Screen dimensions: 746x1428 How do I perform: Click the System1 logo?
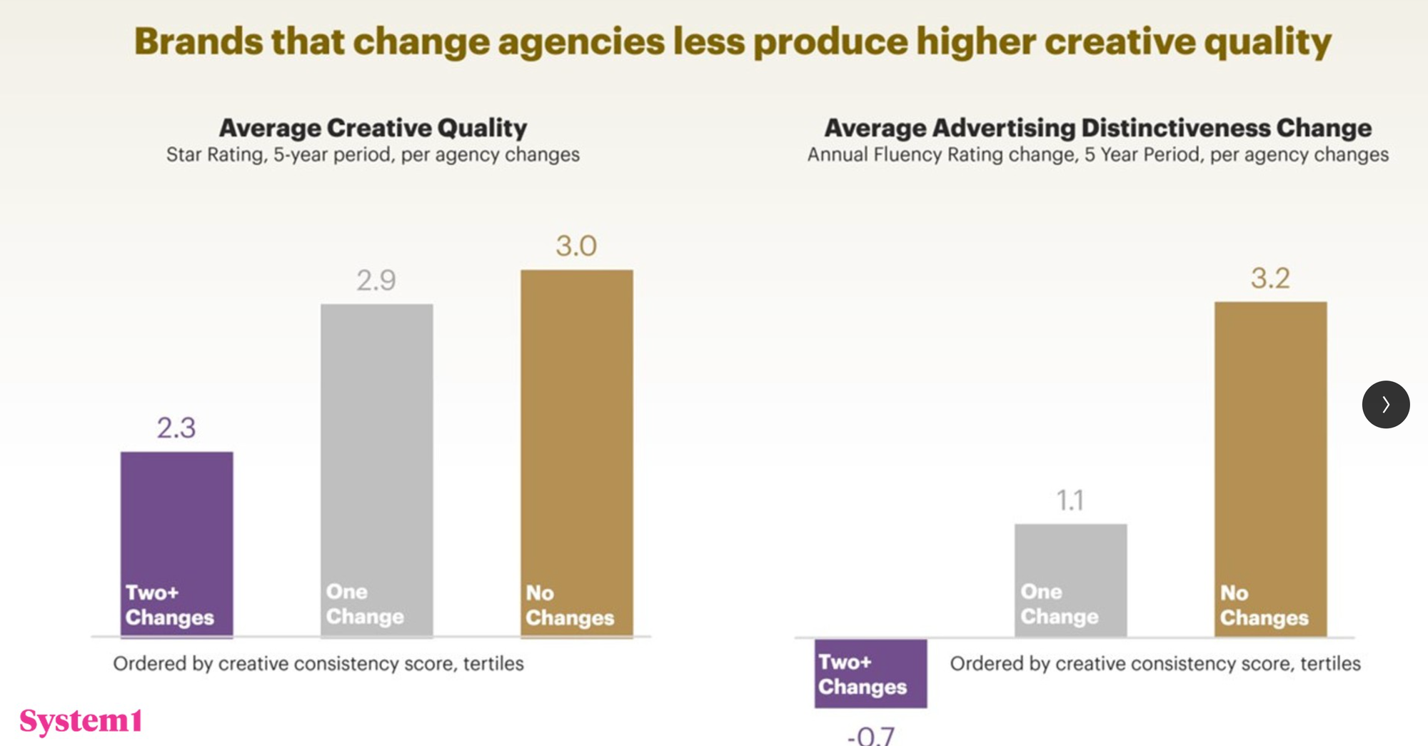[81, 721]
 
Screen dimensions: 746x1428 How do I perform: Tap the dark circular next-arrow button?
[1385, 404]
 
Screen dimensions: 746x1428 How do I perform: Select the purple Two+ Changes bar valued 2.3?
[176, 543]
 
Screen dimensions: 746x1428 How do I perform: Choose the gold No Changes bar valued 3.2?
[1270, 468]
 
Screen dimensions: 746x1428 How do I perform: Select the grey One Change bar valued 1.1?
[1070, 580]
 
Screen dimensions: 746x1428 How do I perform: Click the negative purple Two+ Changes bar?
[870, 673]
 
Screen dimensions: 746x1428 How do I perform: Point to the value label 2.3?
[176, 428]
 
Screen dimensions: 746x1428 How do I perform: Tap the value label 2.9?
[376, 281]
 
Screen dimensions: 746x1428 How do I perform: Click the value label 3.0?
[576, 246]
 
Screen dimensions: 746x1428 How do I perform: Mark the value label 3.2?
[1270, 278]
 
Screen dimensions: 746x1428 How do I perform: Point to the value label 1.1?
[1070, 500]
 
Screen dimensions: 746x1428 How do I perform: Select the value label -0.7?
[870, 736]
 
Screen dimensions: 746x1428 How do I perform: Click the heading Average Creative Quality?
[373, 128]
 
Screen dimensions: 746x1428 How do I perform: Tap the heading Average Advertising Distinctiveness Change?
[1097, 128]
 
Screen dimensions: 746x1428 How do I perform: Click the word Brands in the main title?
[198, 41]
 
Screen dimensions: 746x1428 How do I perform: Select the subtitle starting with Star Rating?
[373, 155]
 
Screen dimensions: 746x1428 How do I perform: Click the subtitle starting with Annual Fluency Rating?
[1097, 155]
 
